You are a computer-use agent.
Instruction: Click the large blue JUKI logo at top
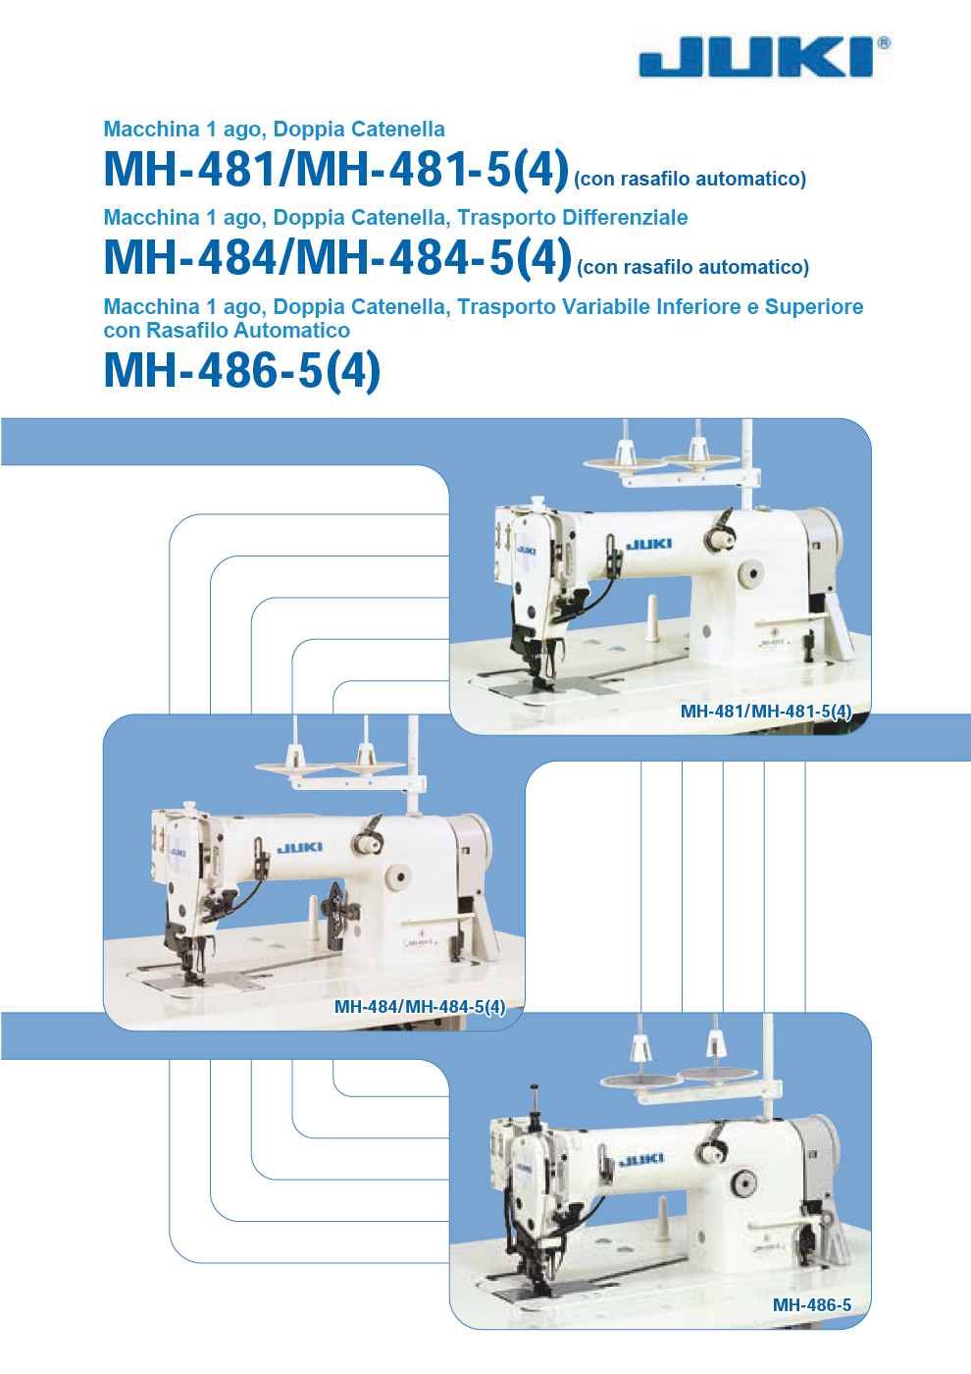pyautogui.click(x=756, y=57)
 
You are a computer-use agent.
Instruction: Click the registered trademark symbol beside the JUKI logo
pyautogui.click(x=884, y=43)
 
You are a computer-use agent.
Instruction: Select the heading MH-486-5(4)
pyautogui.click(x=242, y=372)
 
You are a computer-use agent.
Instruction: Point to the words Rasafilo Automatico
pyautogui.click(x=248, y=330)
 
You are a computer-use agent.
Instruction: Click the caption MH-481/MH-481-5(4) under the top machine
pyautogui.click(x=766, y=712)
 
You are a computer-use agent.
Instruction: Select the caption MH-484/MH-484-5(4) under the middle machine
pyautogui.click(x=420, y=1007)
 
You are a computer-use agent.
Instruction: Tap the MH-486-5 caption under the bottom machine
pyautogui.click(x=812, y=1304)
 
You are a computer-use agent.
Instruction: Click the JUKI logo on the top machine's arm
pyautogui.click(x=649, y=544)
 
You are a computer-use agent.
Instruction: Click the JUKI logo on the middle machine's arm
pyautogui.click(x=300, y=848)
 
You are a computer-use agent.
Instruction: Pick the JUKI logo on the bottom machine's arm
pyautogui.click(x=641, y=1159)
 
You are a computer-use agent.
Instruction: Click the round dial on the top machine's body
pyautogui.click(x=751, y=574)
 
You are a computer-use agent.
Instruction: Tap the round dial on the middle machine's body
pyautogui.click(x=399, y=877)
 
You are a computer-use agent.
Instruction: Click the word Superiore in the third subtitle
pyautogui.click(x=813, y=306)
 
